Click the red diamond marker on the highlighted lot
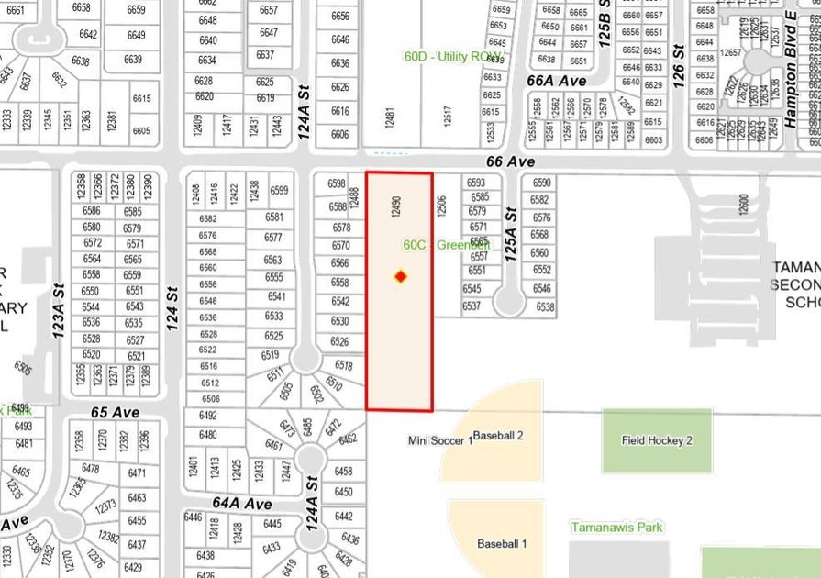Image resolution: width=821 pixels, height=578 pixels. click(x=400, y=276)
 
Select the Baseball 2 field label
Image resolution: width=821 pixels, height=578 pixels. click(x=498, y=435)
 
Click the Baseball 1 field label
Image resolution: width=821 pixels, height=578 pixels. click(x=502, y=544)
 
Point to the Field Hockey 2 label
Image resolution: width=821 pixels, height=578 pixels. click(x=657, y=440)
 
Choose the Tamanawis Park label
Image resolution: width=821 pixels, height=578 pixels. click(x=616, y=528)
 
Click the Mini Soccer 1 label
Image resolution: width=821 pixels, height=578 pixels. click(x=440, y=441)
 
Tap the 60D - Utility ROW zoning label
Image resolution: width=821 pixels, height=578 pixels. click(x=453, y=57)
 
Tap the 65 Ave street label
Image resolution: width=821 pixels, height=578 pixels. click(x=115, y=413)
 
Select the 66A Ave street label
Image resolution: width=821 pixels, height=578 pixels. click(x=556, y=81)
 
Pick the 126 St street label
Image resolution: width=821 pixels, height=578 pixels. click(x=679, y=64)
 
